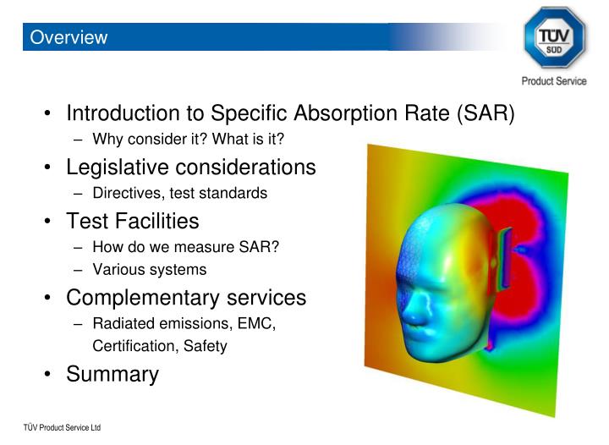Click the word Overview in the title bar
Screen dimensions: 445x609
68,38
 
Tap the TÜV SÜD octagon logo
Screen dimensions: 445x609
554,38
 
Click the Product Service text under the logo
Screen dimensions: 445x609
554,81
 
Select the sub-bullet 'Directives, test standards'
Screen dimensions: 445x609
179,193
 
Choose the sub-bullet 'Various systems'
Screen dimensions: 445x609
149,270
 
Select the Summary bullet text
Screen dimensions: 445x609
112,374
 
